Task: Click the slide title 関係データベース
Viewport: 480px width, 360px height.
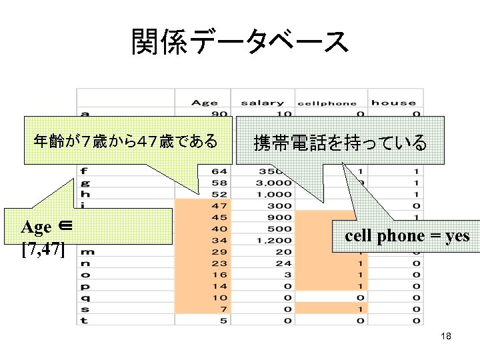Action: point(240,41)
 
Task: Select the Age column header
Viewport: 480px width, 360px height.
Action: point(204,103)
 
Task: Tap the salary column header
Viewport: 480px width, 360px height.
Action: point(262,103)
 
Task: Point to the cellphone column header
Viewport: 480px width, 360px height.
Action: point(327,103)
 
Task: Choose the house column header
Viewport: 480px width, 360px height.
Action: point(393,103)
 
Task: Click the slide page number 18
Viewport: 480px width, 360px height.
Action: point(446,336)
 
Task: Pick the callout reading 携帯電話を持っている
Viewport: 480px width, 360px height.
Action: point(340,141)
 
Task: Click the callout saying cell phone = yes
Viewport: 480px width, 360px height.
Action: point(407,235)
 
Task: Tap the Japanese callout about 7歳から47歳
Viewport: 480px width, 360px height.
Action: point(125,141)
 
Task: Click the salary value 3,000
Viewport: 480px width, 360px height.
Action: point(275,182)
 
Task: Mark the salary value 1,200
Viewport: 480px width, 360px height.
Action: point(275,240)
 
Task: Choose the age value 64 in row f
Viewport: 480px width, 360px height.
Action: point(219,171)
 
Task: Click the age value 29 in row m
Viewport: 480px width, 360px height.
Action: point(219,251)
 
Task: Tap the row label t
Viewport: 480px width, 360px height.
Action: point(85,320)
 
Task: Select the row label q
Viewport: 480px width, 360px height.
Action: point(85,297)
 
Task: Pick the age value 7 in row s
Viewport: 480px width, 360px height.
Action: point(222,309)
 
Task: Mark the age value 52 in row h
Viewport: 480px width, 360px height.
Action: point(219,193)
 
